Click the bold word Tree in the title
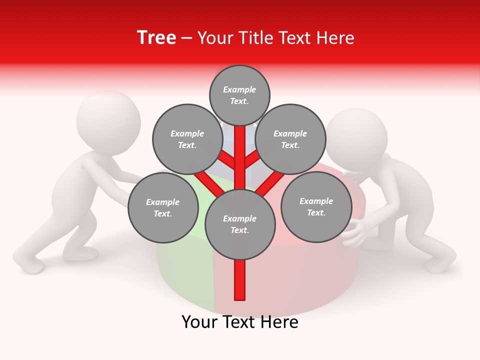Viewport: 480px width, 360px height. (x=156, y=38)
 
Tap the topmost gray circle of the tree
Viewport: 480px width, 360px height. (x=239, y=95)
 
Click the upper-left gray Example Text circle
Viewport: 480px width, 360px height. (x=187, y=139)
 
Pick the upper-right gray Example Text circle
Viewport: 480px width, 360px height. (x=290, y=139)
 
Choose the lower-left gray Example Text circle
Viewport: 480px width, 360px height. (x=163, y=207)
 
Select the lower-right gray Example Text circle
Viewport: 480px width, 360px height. (x=316, y=206)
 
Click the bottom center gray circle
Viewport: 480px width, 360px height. (x=240, y=224)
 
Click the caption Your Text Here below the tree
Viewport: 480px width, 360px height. (x=240, y=322)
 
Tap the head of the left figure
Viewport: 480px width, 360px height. (x=108, y=119)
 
